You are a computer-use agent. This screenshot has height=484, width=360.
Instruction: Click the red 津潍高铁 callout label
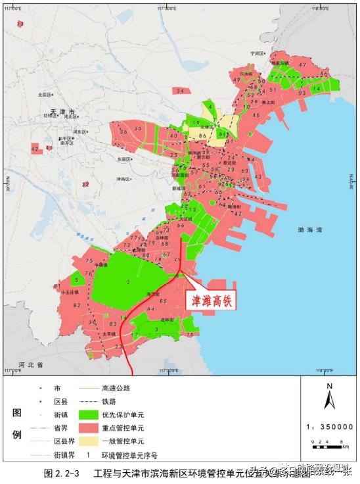pos(212,301)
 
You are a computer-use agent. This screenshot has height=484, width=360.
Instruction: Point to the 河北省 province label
pos(30,364)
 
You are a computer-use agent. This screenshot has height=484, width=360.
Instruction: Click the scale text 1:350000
pos(329,427)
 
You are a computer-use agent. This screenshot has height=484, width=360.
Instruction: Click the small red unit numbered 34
pos(180,91)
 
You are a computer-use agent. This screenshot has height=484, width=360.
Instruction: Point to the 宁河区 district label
pos(256,53)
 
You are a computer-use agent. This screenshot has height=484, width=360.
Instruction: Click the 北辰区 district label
pos(45,95)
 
